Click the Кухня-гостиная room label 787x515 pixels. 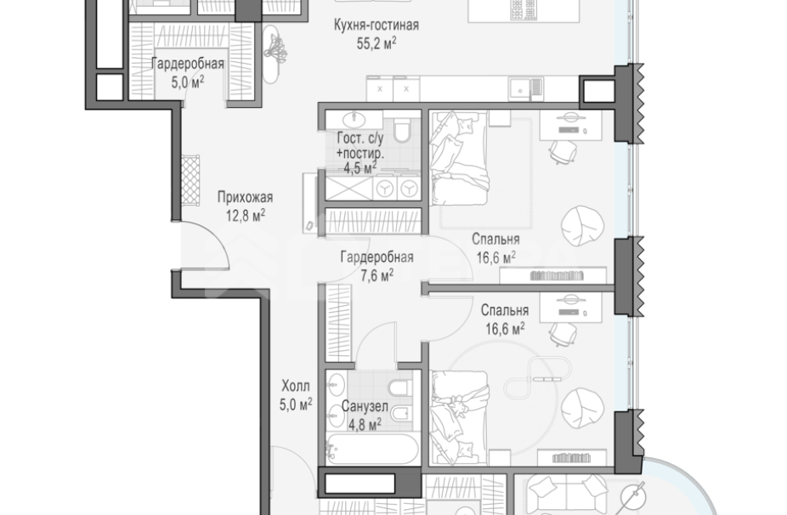[x=377, y=25]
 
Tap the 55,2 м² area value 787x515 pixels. [x=377, y=43]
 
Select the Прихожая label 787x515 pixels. [x=245, y=197]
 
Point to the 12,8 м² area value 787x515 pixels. [x=246, y=216]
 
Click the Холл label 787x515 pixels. [x=296, y=386]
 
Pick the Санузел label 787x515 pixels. [x=365, y=406]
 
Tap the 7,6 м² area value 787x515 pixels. [x=377, y=275]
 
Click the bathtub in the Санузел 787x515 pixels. [x=372, y=449]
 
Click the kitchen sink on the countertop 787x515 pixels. [x=525, y=89]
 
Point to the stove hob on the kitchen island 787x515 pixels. [x=524, y=9]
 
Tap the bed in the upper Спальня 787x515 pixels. [x=459, y=158]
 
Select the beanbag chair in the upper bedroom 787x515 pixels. [x=583, y=226]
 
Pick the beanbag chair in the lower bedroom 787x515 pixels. [x=583, y=409]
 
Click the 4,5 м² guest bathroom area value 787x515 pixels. [x=360, y=167]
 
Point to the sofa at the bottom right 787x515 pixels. [x=566, y=495]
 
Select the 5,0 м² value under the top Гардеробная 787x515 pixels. [x=188, y=82]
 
